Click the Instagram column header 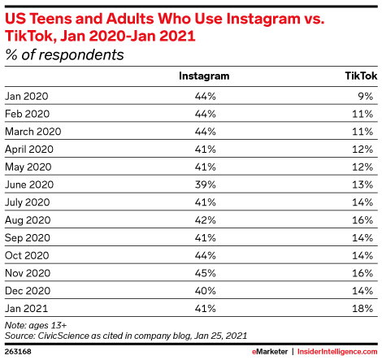point(204,76)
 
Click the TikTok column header point(358,76)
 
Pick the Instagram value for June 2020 point(204,184)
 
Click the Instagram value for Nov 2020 point(204,273)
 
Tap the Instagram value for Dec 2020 point(204,291)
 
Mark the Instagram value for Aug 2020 point(204,220)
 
